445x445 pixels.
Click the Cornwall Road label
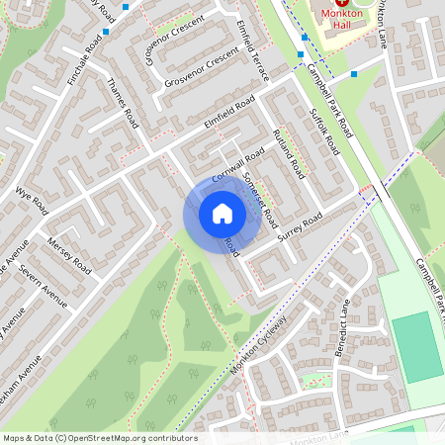pos(234,160)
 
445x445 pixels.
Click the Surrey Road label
pos(301,228)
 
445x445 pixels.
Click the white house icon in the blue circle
pos(222,214)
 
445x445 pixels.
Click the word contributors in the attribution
pos(171,438)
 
